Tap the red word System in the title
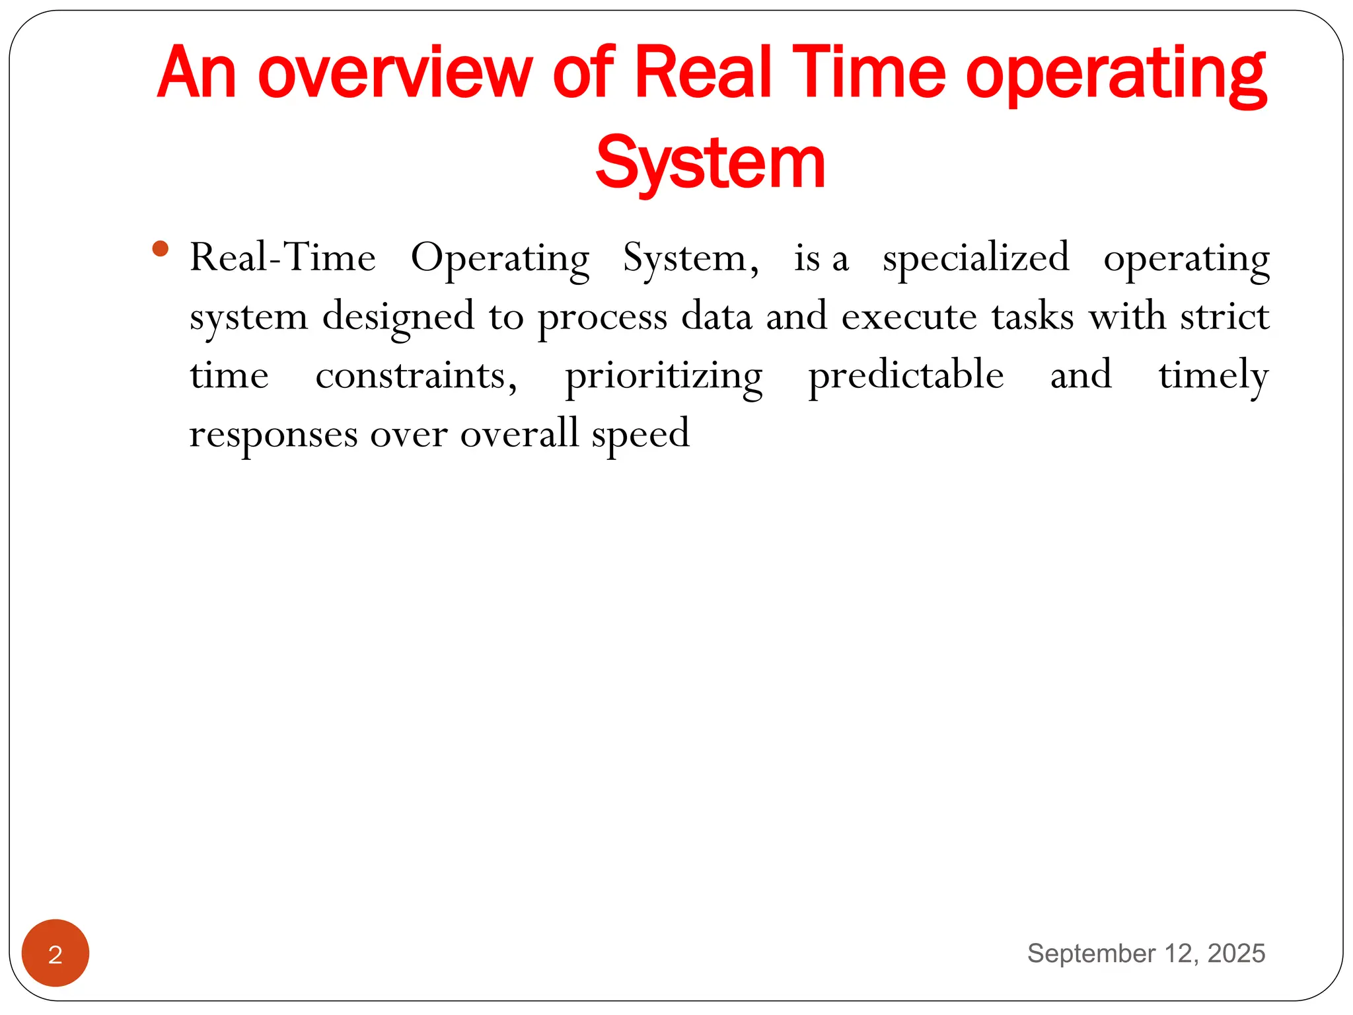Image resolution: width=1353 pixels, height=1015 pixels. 710,163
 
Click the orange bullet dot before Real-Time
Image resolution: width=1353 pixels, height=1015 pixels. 160,249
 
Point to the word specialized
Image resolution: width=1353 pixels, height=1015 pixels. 976,258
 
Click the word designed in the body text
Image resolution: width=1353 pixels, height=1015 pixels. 398,316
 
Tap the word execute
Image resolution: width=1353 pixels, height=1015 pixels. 909,316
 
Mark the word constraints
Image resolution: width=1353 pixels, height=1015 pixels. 416,375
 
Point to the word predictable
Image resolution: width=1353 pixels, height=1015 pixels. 906,375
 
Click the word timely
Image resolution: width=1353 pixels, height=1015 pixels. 1214,375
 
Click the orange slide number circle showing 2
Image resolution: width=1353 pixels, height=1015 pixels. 55,953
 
